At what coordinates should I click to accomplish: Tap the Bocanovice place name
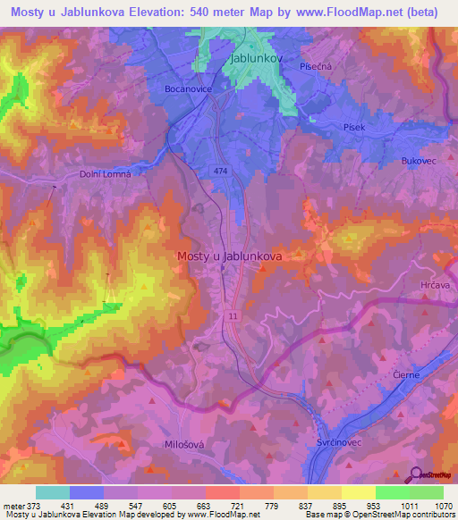click(188, 89)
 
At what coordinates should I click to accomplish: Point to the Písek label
click(354, 128)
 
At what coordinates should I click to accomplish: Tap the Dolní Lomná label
click(106, 174)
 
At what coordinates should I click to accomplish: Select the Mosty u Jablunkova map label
click(230, 256)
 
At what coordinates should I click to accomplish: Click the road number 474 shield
click(221, 170)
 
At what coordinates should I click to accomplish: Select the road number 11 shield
click(233, 317)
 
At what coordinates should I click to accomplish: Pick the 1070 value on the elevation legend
click(445, 505)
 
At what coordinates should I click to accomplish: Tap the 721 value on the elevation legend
click(238, 505)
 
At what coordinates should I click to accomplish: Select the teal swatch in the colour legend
click(53, 492)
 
